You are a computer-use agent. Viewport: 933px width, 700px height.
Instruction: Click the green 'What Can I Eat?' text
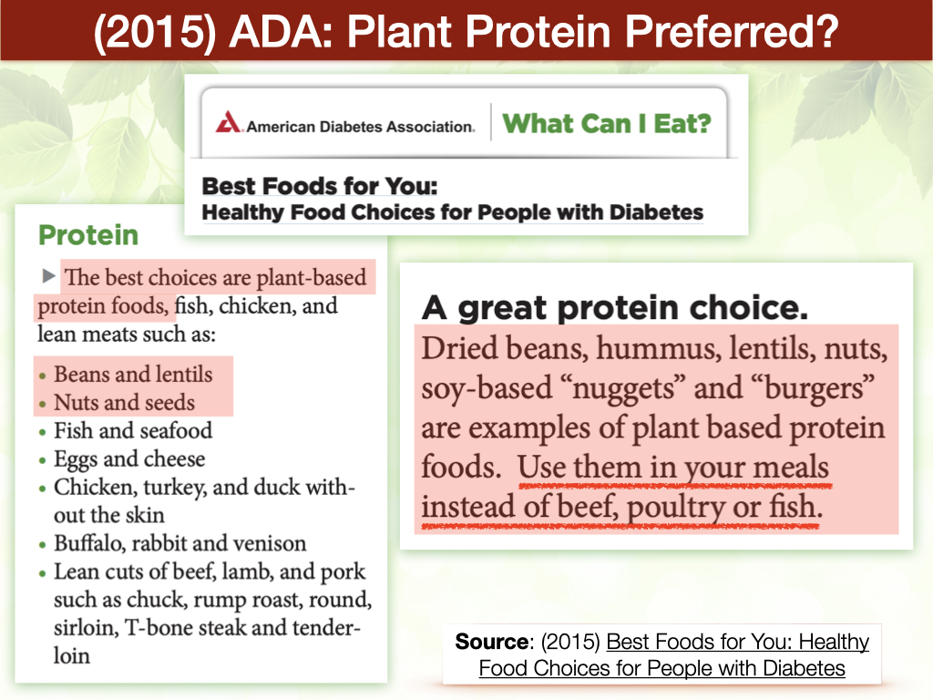607,124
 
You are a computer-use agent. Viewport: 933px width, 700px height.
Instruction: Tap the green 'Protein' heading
88,235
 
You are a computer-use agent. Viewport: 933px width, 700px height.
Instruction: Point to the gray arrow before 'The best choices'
49,275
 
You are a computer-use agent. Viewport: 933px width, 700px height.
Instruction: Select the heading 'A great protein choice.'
615,308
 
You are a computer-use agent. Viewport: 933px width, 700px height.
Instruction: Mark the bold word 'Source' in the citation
491,642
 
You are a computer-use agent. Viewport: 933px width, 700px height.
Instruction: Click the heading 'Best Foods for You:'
320,186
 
